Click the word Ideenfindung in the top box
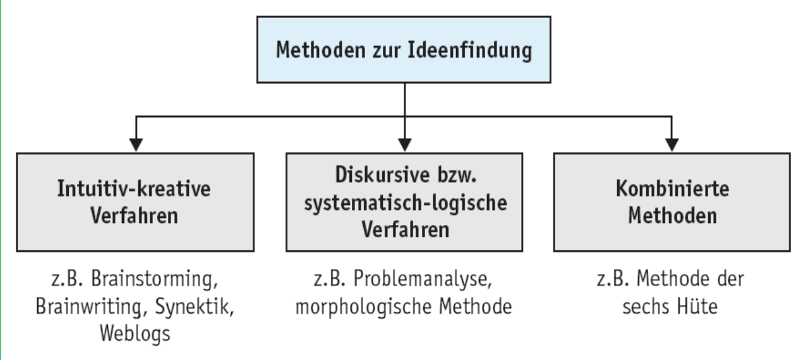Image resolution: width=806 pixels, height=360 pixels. [470, 50]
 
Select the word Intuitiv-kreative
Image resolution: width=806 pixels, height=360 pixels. [134, 188]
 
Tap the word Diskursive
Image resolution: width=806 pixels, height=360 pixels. [382, 175]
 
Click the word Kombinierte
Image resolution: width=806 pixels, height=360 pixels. [673, 188]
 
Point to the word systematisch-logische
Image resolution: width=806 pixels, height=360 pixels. [406, 203]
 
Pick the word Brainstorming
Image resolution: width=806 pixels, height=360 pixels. [155, 279]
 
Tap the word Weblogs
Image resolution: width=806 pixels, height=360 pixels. [135, 334]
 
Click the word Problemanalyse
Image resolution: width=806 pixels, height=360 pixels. [423, 279]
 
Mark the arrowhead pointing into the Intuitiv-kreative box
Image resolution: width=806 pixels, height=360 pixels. [136, 145]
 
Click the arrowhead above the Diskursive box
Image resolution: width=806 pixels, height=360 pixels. [405, 145]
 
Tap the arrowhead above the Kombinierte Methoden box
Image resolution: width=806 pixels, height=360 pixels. [672, 145]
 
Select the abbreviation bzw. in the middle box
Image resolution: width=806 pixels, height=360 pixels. [457, 175]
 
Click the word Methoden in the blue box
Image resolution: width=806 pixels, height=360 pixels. [320, 50]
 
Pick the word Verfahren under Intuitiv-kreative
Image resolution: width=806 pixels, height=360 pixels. [134, 216]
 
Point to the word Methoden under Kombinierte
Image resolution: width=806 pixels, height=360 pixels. [673, 216]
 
